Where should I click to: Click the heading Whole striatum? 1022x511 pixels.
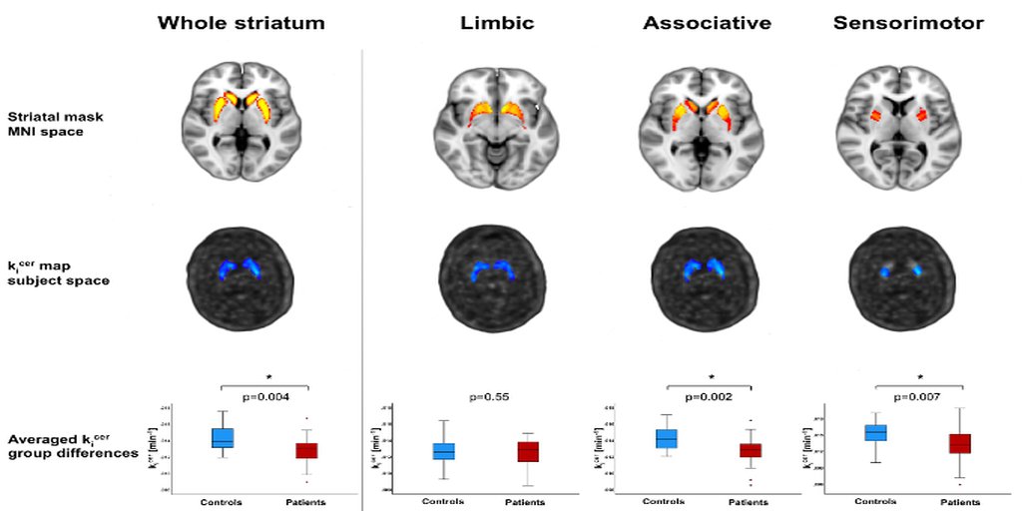tap(243, 22)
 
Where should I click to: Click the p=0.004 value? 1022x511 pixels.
tap(264, 397)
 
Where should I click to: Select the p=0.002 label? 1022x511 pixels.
tap(709, 396)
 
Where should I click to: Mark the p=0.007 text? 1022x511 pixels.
tap(918, 396)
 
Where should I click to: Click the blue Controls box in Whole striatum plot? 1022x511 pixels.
tap(223, 438)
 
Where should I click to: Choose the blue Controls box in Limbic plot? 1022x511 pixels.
tap(444, 451)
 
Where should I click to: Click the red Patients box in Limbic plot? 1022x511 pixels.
tap(528, 452)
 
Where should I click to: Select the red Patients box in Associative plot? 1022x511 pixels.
tap(751, 450)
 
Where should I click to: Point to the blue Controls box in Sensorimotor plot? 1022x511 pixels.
tap(875, 432)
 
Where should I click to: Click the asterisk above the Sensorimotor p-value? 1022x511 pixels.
tap(919, 377)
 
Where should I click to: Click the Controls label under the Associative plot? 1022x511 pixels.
tap(665, 501)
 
